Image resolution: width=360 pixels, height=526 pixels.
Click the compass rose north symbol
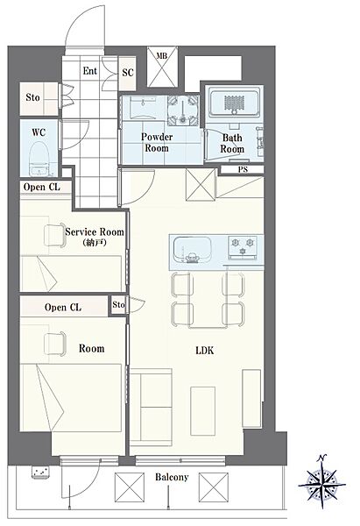(x=321, y=482)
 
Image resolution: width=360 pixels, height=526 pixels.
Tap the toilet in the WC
(x=39, y=159)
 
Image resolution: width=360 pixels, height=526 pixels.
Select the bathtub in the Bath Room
(x=234, y=103)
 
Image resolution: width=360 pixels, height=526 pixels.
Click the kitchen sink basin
(x=193, y=250)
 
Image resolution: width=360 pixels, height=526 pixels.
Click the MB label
(x=162, y=55)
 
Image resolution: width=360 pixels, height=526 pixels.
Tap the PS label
(x=243, y=169)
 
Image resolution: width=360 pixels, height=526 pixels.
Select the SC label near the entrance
(x=127, y=73)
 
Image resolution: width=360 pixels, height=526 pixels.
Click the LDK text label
(x=204, y=350)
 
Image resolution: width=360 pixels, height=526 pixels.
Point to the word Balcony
(x=172, y=477)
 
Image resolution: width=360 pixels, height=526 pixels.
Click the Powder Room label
(x=157, y=142)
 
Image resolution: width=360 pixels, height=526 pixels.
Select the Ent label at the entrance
(x=90, y=71)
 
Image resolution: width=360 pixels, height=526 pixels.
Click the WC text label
(x=39, y=132)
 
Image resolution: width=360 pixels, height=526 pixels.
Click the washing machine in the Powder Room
(x=183, y=110)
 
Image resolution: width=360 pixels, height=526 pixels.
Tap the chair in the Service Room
(x=54, y=235)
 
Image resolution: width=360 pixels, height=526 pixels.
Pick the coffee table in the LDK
(x=203, y=411)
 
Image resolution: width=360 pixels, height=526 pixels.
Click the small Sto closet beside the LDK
(x=118, y=304)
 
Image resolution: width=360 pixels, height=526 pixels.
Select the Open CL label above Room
(x=63, y=308)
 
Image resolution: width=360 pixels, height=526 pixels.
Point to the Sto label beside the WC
(x=32, y=97)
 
